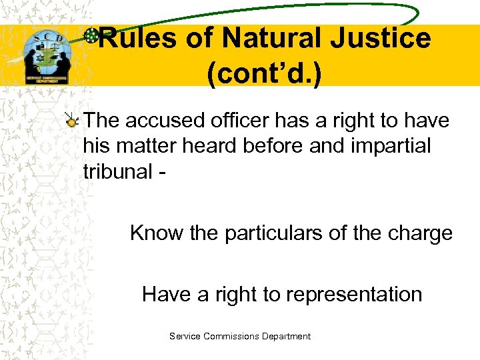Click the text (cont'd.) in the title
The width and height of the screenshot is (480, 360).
[x=264, y=75]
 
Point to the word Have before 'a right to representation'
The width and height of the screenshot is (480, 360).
[x=167, y=294]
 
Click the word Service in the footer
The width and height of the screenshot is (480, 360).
[x=185, y=337]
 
